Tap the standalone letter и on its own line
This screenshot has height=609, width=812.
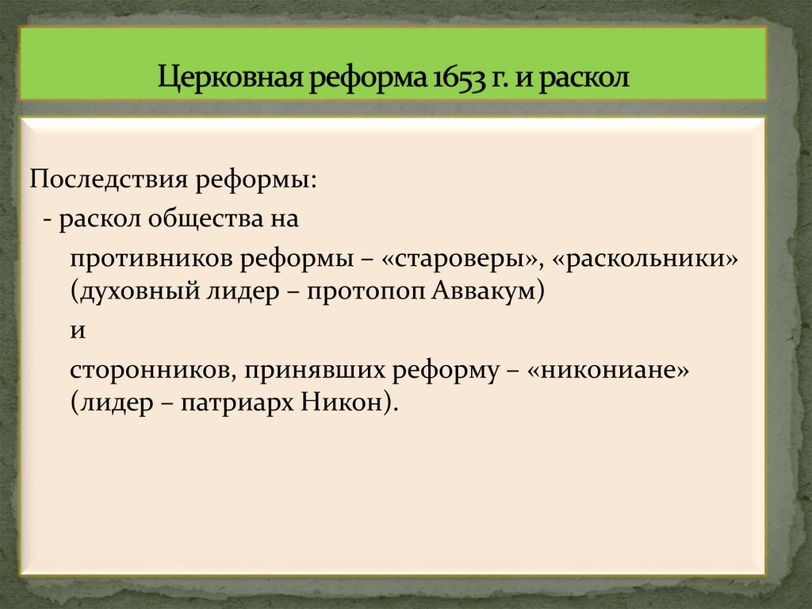click(x=77, y=331)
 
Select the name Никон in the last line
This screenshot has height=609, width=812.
click(x=343, y=403)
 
